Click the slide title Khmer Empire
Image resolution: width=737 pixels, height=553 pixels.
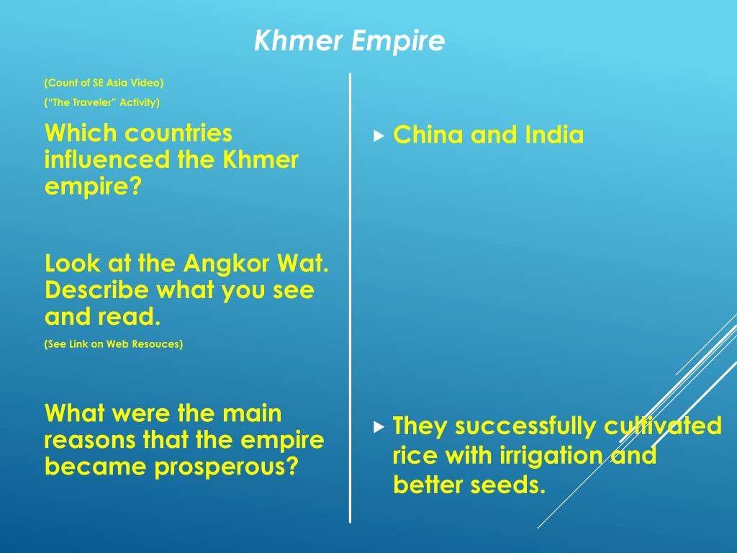[349, 42]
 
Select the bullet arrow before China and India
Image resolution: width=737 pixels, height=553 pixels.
[379, 135]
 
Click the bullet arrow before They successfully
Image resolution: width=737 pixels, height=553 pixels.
[379, 427]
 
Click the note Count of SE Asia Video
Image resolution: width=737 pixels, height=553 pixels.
[104, 82]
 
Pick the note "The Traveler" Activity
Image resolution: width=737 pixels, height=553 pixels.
[101, 102]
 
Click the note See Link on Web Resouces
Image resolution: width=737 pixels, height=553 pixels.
[114, 343]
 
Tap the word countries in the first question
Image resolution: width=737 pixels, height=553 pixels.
[178, 132]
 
